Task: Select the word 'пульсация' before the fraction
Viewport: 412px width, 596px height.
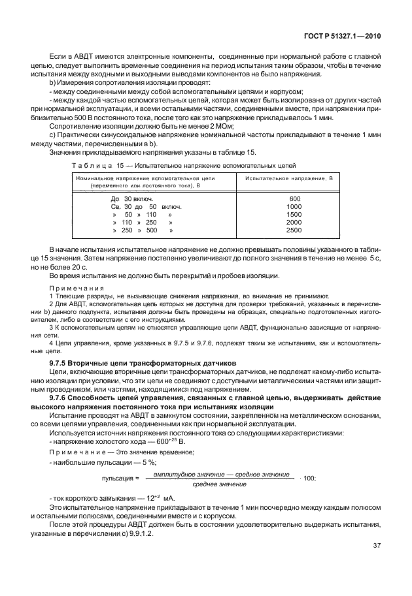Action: pyautogui.click(x=118, y=478)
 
